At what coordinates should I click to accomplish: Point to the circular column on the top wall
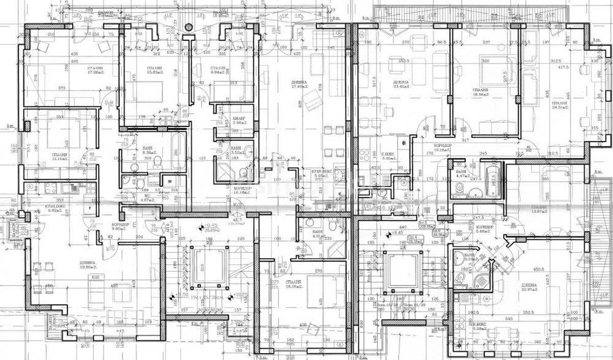coord(189,26)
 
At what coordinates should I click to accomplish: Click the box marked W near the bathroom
coord(168,180)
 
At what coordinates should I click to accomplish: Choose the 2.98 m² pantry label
coord(240,121)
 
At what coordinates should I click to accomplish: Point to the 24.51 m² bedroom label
coord(559,105)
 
